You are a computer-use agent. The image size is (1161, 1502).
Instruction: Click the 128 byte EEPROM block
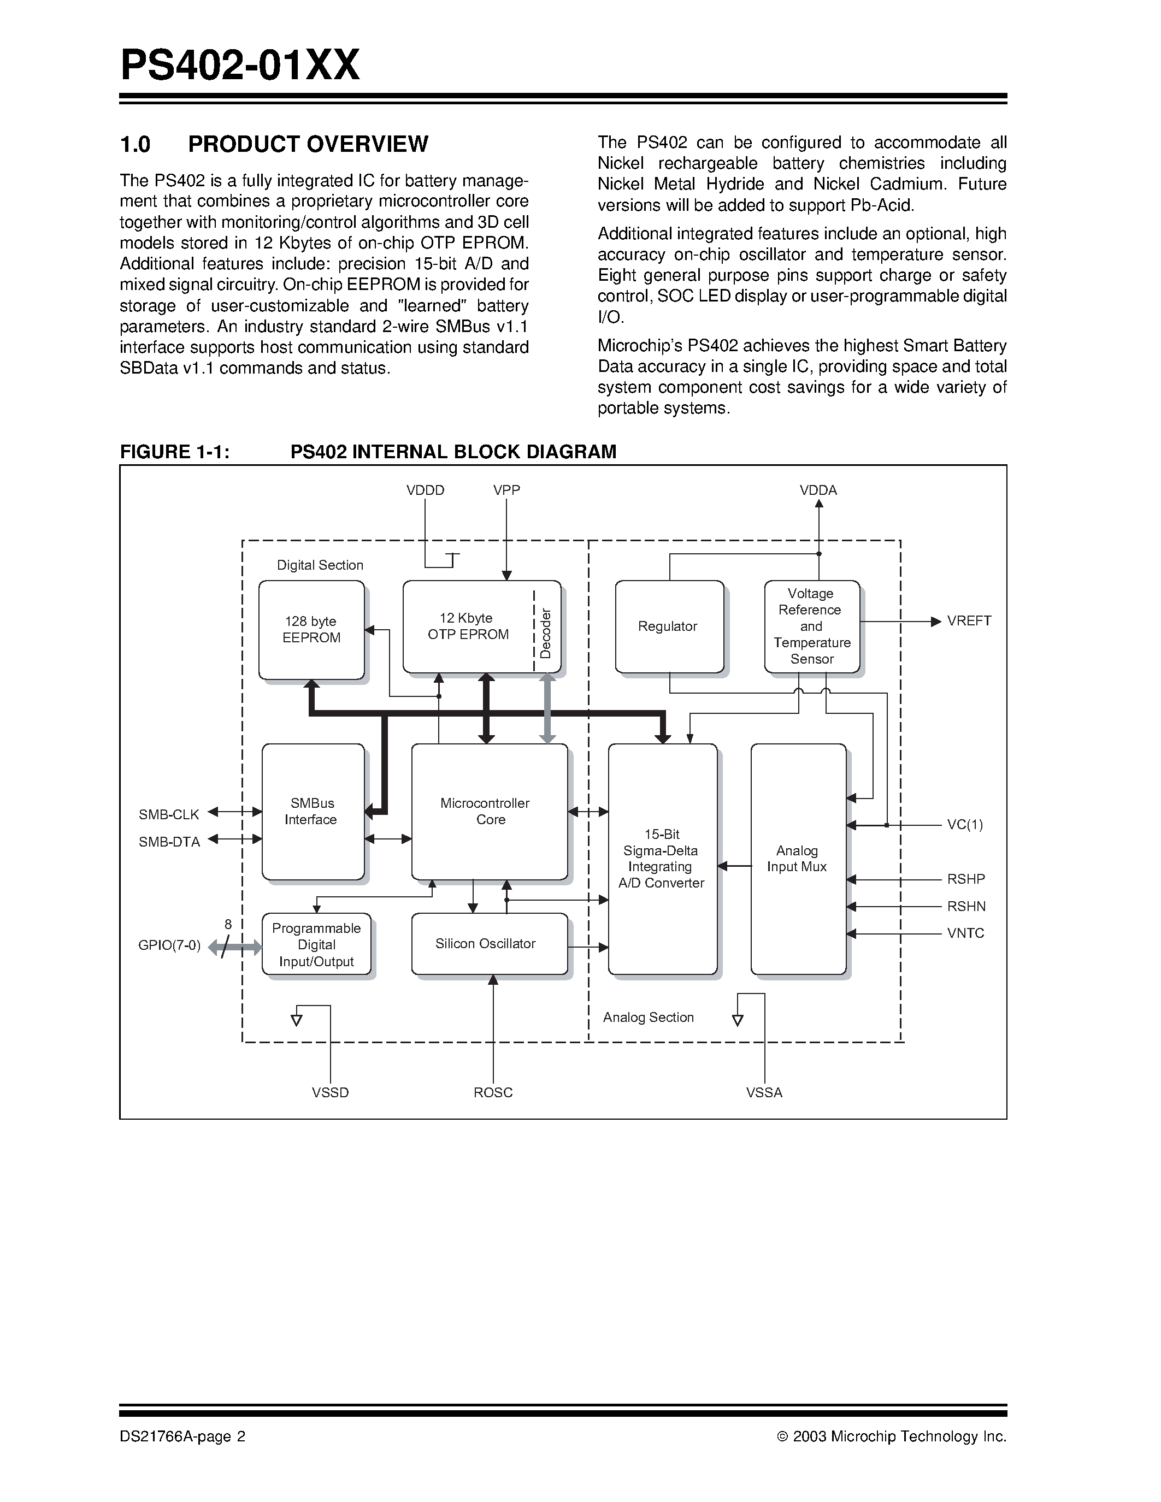click(x=311, y=629)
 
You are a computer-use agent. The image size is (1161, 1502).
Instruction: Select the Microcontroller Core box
click(x=489, y=812)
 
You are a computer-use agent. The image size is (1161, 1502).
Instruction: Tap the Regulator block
click(x=669, y=626)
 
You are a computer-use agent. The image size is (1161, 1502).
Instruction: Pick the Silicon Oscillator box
click(x=489, y=944)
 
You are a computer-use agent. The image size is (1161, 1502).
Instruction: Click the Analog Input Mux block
click(x=798, y=859)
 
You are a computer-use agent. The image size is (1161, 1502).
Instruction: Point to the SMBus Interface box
click(x=313, y=812)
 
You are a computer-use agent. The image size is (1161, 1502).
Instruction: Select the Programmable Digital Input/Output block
click(x=316, y=944)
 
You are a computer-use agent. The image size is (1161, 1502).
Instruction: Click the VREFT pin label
click(x=969, y=621)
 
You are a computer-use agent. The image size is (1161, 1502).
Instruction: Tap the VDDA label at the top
click(x=818, y=490)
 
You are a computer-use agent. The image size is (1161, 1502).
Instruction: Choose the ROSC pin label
click(x=493, y=1093)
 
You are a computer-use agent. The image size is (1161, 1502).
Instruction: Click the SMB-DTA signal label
click(x=169, y=842)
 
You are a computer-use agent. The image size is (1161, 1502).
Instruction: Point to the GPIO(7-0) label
click(x=169, y=945)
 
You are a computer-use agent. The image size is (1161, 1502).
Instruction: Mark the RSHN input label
click(x=965, y=907)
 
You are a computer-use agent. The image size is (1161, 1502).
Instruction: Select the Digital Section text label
click(x=320, y=565)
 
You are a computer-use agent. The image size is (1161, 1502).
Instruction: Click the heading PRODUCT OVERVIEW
click(x=308, y=144)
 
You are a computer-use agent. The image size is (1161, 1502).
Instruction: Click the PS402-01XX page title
click(x=240, y=66)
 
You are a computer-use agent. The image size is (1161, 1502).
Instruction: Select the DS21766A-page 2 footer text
click(x=182, y=1436)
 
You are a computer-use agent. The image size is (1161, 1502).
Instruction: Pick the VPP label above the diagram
click(x=506, y=490)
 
